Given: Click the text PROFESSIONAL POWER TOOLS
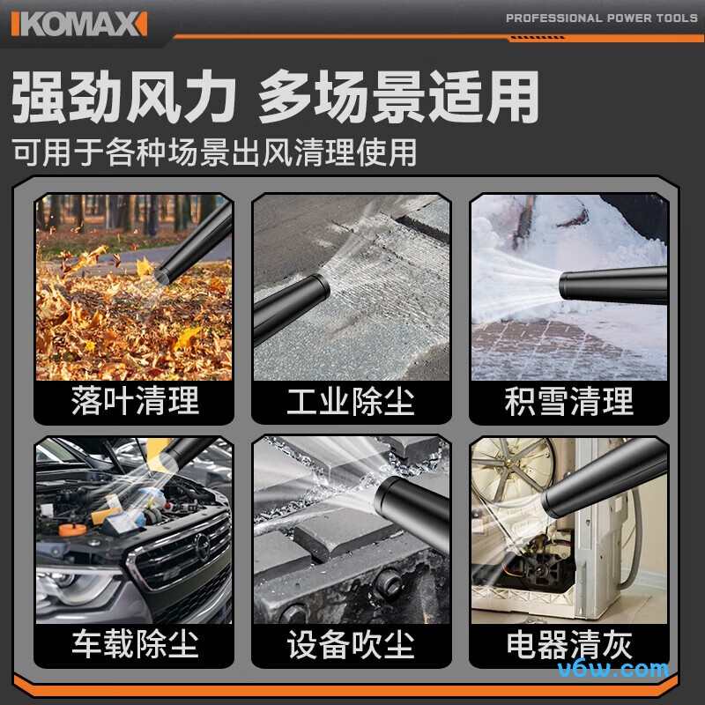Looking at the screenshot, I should pyautogui.click(x=602, y=19).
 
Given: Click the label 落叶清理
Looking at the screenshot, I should pyautogui.click(x=135, y=402).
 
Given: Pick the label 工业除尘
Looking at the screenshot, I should pyautogui.click(x=351, y=402).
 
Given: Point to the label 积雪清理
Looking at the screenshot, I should pyautogui.click(x=568, y=402).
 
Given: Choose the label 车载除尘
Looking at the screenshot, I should pyautogui.click(x=135, y=644).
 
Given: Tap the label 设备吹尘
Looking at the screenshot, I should pyautogui.click(x=351, y=644).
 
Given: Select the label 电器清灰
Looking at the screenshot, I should pyautogui.click(x=568, y=644).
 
